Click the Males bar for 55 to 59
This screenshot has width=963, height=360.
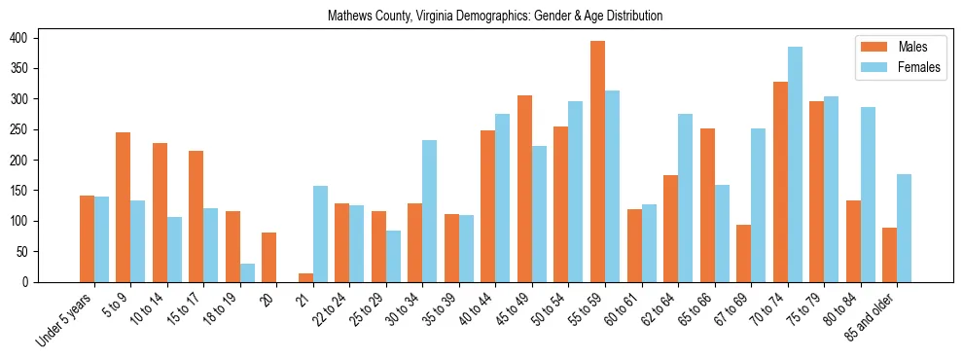pos(597,162)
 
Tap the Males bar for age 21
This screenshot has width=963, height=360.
pos(305,277)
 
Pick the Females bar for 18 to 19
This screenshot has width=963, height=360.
pos(247,272)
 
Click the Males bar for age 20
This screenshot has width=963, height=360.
pos(269,257)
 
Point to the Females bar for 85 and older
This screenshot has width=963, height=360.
pos(904,228)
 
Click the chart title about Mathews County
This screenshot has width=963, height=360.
pos(495,16)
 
